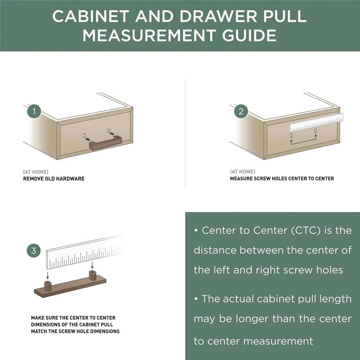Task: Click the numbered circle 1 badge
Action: [34, 111]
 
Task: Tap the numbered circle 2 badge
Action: [241, 111]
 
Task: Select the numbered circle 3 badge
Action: [34, 251]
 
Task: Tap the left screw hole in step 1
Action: [84, 136]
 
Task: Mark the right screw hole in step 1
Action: [109, 130]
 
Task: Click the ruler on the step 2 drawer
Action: [317, 123]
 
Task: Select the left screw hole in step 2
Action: [291, 136]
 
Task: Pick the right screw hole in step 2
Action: [315, 130]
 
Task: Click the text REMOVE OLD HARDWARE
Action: [54, 179]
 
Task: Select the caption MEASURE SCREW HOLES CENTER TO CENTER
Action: [282, 179]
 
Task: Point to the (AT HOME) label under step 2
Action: [243, 172]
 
